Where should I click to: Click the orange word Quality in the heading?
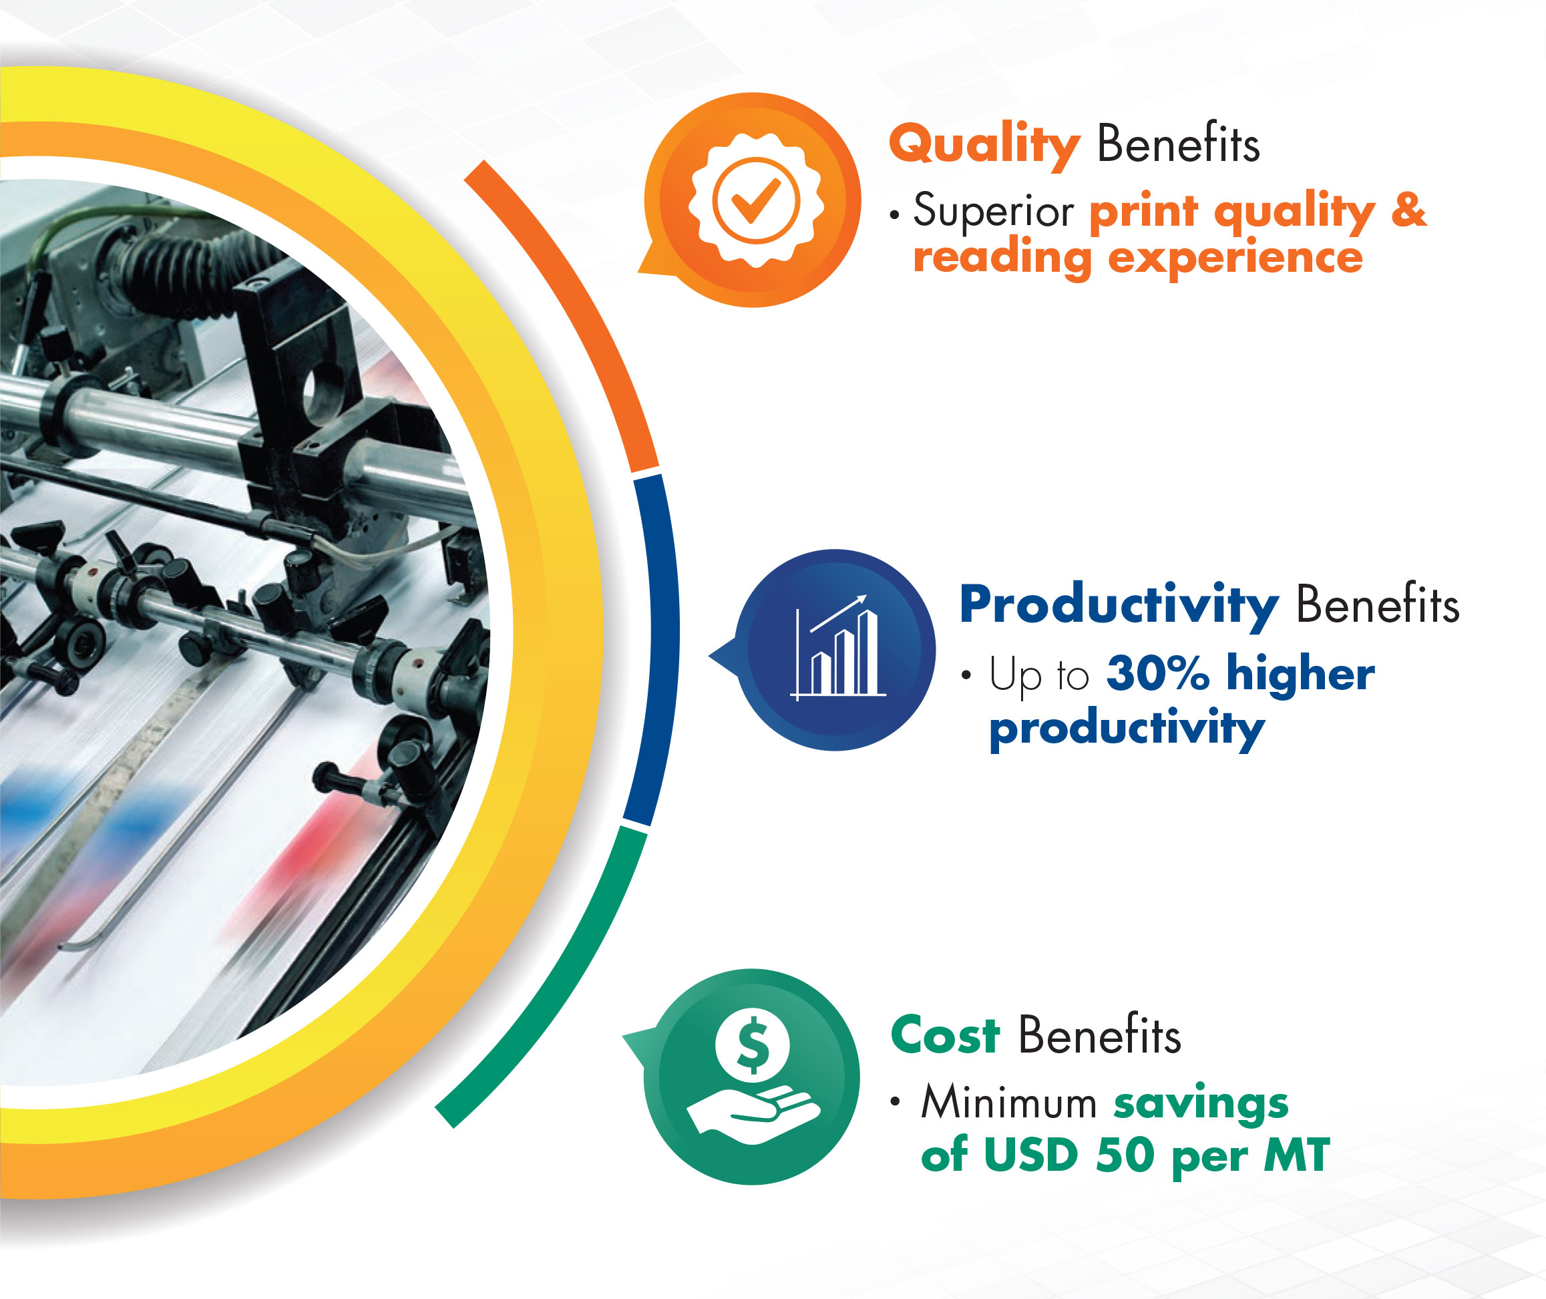(984, 145)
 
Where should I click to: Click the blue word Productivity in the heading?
(1119, 606)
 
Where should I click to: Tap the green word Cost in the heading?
(945, 1035)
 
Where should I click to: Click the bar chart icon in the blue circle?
(838, 648)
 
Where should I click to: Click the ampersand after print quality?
(1408, 210)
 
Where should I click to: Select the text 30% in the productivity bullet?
(1158, 674)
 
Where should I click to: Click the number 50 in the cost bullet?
(1125, 1155)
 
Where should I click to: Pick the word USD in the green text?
(1030, 1155)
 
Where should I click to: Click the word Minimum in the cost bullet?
(1009, 1103)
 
